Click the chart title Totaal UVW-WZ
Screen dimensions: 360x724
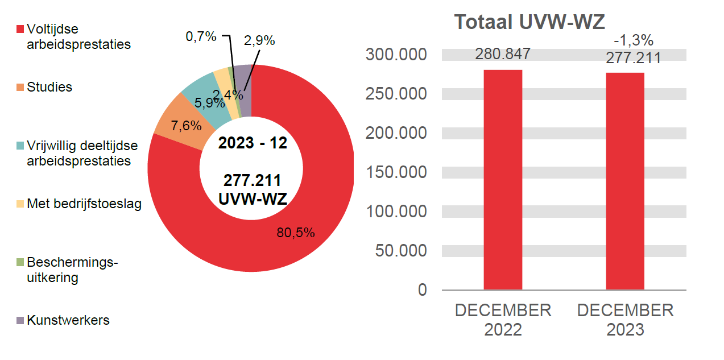529,22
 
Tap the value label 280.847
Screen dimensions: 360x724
503,54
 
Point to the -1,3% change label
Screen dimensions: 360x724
633,41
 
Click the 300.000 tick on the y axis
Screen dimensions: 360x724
396,55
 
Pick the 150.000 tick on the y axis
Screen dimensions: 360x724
396,172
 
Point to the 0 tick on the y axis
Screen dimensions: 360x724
422,289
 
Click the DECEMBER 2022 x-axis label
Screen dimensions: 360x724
503,320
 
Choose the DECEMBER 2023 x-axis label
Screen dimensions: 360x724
625,320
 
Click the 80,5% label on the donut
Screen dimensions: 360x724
296,233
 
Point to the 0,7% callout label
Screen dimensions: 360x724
201,37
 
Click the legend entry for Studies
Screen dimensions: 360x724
49,88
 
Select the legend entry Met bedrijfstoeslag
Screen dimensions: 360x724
84,204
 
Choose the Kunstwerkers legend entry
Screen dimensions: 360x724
68,320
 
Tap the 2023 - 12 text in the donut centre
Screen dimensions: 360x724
253,143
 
